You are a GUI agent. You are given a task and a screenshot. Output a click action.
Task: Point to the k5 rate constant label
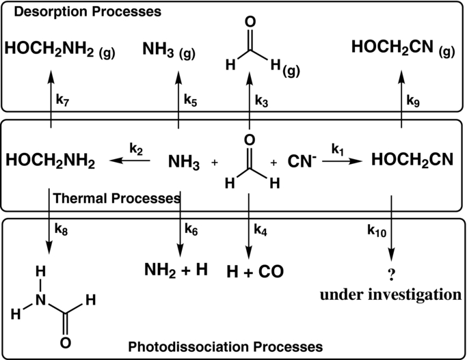coord(191,99)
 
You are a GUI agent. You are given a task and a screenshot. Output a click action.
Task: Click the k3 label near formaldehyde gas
coord(262,99)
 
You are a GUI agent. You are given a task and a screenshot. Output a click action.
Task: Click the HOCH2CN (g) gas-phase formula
coord(403,47)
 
